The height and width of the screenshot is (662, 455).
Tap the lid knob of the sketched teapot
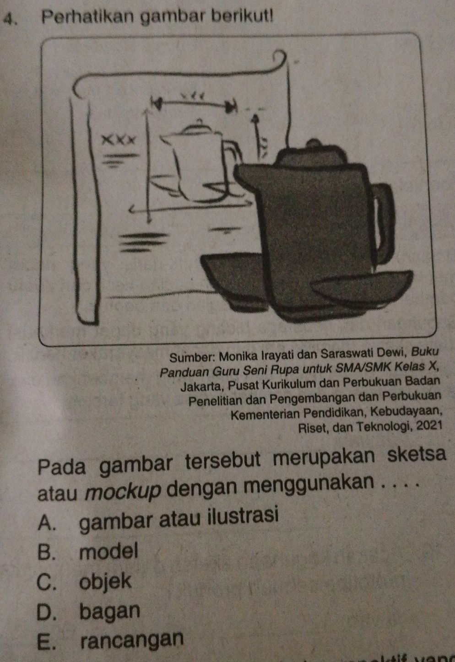[198, 121]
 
